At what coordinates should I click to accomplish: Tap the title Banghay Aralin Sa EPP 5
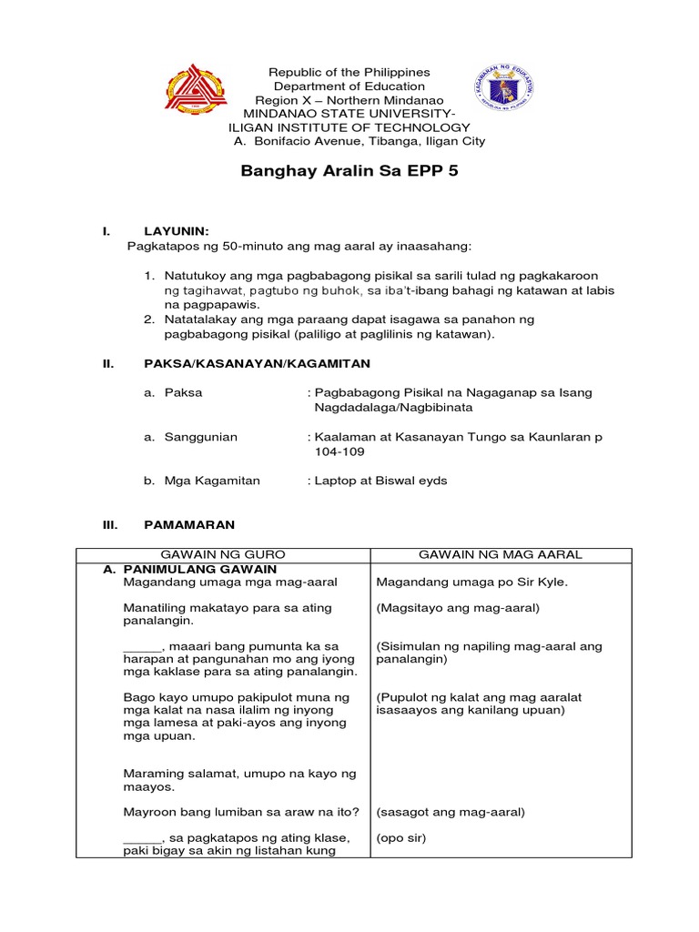[x=349, y=172]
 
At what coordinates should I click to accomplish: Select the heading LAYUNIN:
[x=177, y=232]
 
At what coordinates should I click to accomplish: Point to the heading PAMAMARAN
[x=189, y=525]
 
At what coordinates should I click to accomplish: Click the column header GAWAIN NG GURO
[x=223, y=554]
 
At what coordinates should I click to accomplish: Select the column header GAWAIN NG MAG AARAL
[x=500, y=554]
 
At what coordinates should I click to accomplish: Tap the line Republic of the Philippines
[x=347, y=72]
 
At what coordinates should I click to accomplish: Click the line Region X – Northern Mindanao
[x=349, y=100]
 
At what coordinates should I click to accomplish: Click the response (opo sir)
[x=400, y=838]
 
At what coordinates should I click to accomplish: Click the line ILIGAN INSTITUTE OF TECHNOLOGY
[x=349, y=127]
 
